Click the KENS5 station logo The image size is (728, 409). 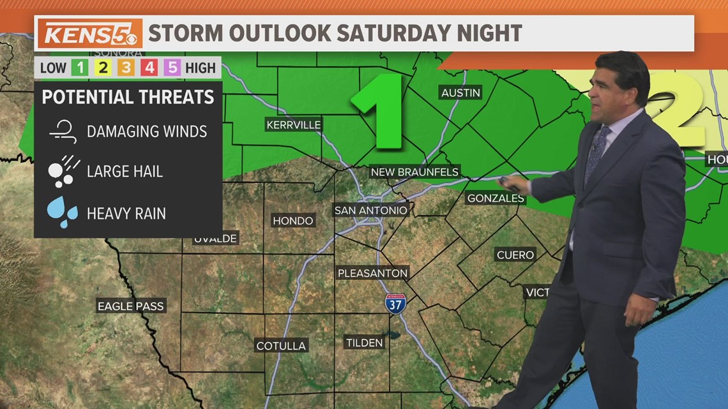pyautogui.click(x=89, y=33)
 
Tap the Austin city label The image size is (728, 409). pyautogui.click(x=460, y=93)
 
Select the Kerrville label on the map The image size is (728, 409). pyautogui.click(x=294, y=124)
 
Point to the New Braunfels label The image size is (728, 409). pyautogui.click(x=415, y=172)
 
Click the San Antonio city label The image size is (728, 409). pyautogui.click(x=370, y=211)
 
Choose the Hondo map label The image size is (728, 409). pyautogui.click(x=293, y=221)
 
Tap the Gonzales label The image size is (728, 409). pyautogui.click(x=496, y=198)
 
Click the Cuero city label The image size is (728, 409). pyautogui.click(x=515, y=255)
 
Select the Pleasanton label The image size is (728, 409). pyautogui.click(x=372, y=273)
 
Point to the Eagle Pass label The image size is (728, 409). pyautogui.click(x=130, y=306)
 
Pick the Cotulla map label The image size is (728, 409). pyautogui.click(x=281, y=346)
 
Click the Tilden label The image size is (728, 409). pyautogui.click(x=364, y=343)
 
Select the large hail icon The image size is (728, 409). pyautogui.click(x=62, y=171)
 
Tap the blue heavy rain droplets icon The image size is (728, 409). pyautogui.click(x=62, y=212)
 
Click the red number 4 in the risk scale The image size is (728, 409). pyautogui.click(x=149, y=68)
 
